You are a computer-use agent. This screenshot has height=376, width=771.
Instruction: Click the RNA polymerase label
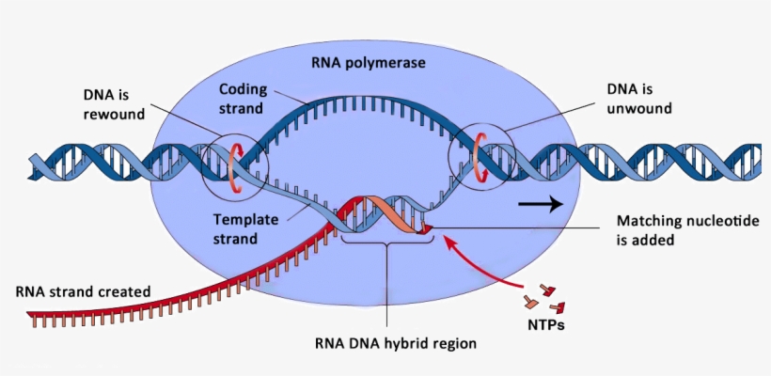click(369, 63)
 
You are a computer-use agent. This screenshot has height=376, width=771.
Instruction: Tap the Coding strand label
click(244, 98)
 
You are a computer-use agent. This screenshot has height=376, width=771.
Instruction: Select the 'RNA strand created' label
click(83, 290)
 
